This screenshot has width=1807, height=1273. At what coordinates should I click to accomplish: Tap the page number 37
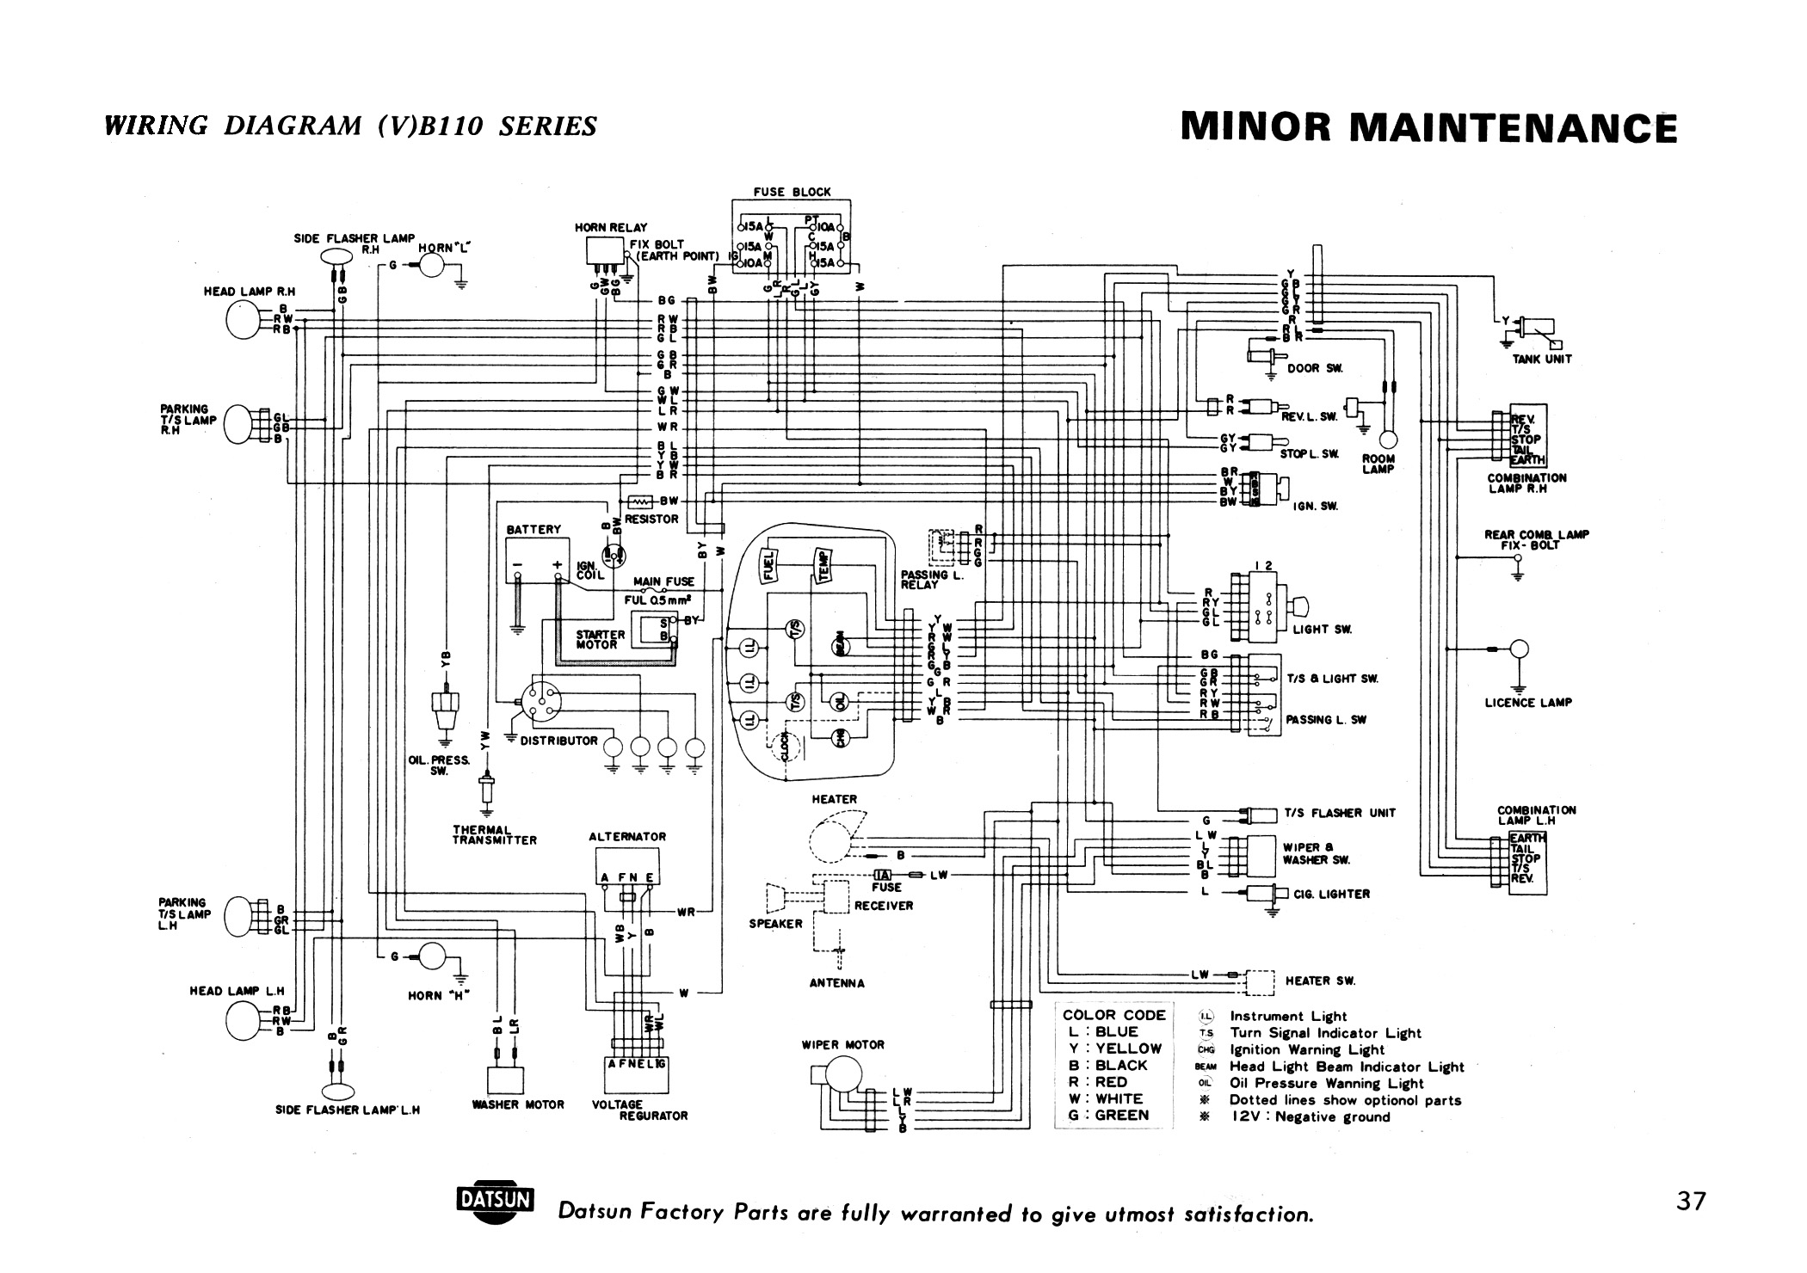click(1690, 1201)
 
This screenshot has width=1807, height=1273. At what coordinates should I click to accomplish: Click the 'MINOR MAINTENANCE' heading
click(1429, 128)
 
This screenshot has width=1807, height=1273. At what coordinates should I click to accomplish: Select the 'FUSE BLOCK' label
click(792, 192)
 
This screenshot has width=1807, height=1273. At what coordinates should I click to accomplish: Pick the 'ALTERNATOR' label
click(627, 836)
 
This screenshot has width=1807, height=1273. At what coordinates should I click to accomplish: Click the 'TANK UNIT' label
click(1542, 359)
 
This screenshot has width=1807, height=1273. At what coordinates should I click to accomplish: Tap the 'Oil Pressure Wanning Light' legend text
click(1326, 1084)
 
